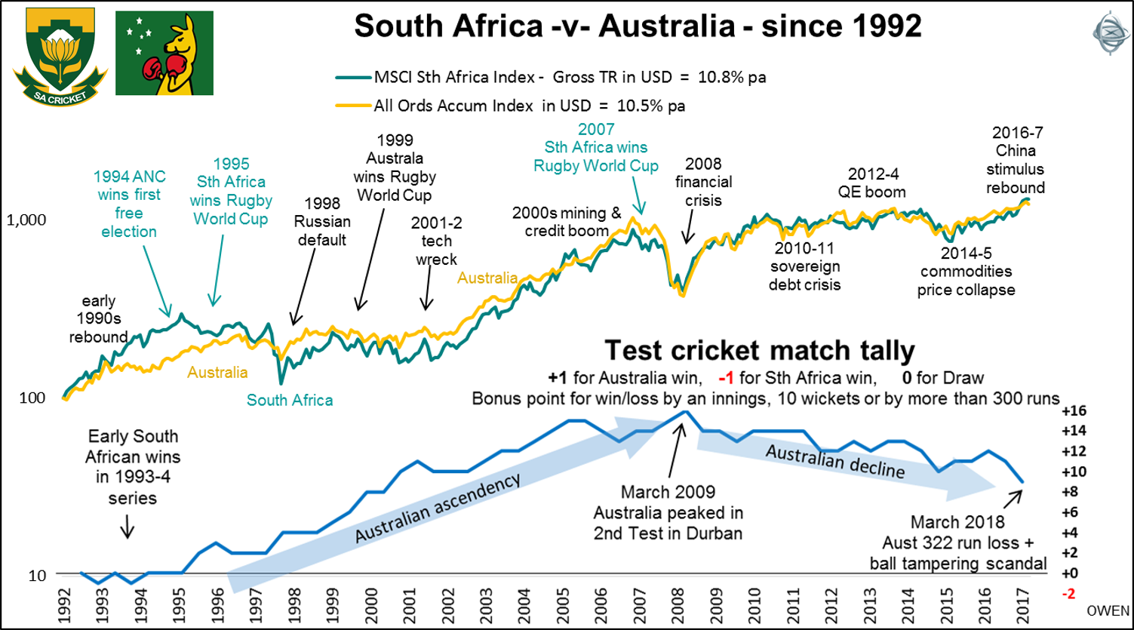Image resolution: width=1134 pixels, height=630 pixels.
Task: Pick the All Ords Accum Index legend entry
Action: click(529, 105)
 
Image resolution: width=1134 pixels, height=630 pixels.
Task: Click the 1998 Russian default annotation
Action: click(323, 222)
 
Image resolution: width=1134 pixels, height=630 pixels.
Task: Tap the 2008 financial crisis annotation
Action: click(703, 182)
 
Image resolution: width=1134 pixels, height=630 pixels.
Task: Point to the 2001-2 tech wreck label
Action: click(436, 241)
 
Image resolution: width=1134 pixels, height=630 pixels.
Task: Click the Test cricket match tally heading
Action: click(761, 350)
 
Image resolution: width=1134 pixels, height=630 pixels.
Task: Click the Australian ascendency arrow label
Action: click(438, 509)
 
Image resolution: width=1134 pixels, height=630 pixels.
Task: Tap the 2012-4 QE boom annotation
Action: click(877, 181)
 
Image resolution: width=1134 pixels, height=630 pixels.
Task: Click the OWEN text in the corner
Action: click(1108, 610)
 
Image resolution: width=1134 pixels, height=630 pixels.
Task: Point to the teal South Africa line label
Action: click(290, 400)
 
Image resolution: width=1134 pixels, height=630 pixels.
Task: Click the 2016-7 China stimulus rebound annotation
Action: click(1016, 160)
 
